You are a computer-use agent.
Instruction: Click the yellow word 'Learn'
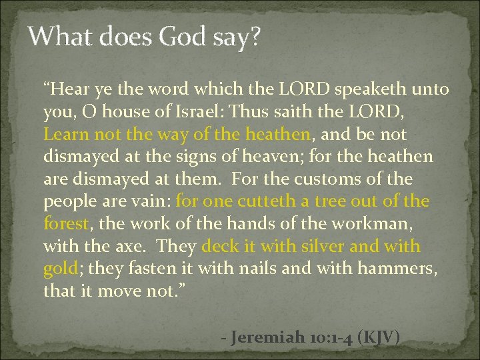click(65, 134)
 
